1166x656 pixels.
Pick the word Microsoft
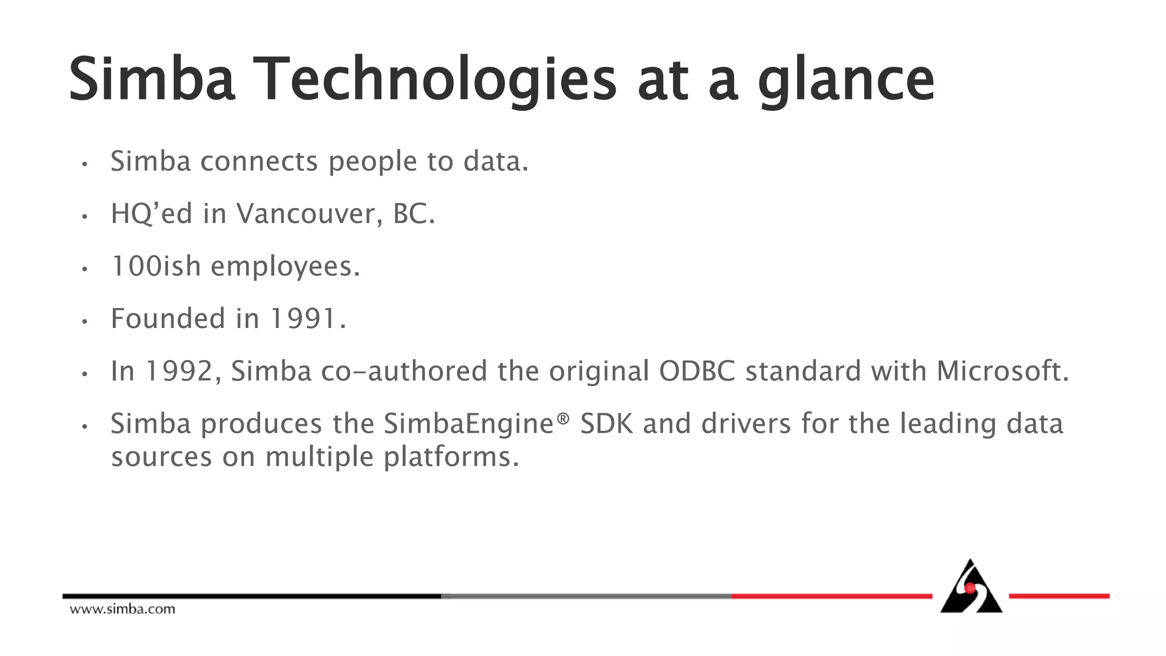pos(1003,371)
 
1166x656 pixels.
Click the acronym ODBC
pos(697,371)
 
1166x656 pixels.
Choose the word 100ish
pos(155,266)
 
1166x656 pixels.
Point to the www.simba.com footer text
pos(122,609)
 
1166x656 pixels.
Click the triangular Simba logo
pos(971,589)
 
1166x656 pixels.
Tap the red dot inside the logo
pos(970,588)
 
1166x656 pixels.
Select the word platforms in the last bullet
pos(451,457)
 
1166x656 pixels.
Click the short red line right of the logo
pos(1059,596)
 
